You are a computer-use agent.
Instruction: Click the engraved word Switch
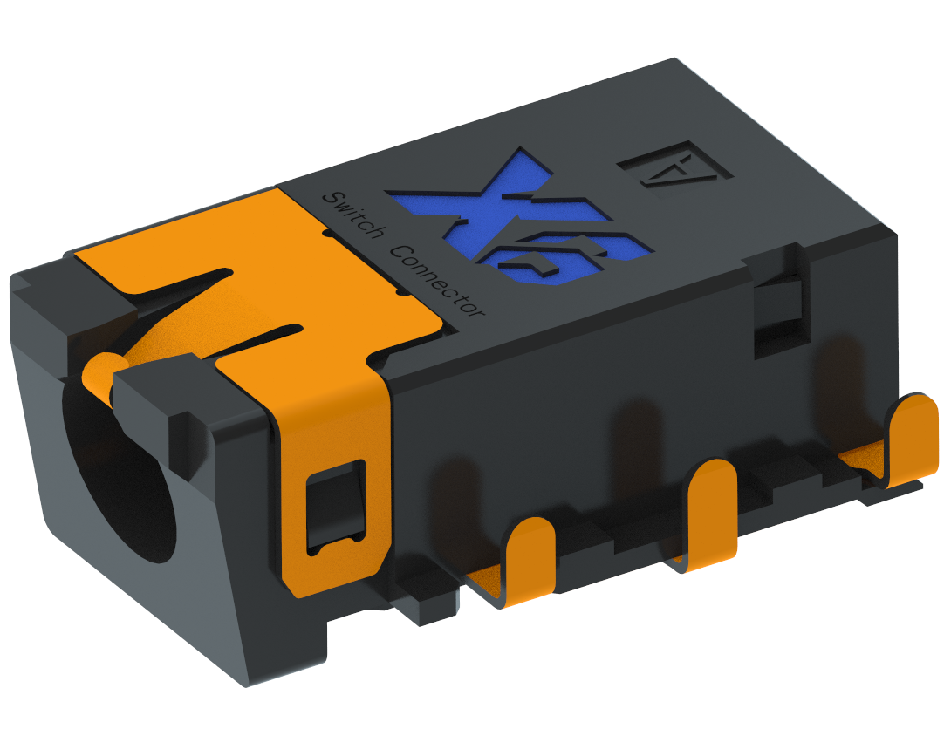353,215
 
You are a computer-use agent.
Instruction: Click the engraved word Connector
437,280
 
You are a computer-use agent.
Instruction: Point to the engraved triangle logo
674,166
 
